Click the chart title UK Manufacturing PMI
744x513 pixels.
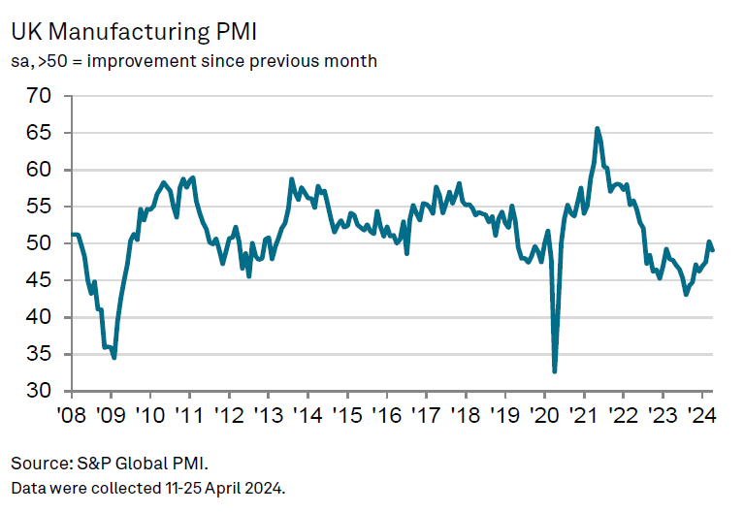pyautogui.click(x=134, y=31)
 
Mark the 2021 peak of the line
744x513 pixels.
pyautogui.click(x=597, y=128)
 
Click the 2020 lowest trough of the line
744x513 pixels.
pyautogui.click(x=555, y=371)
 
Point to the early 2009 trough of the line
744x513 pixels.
pyautogui.click(x=114, y=358)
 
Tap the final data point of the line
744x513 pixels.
pyautogui.click(x=713, y=251)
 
